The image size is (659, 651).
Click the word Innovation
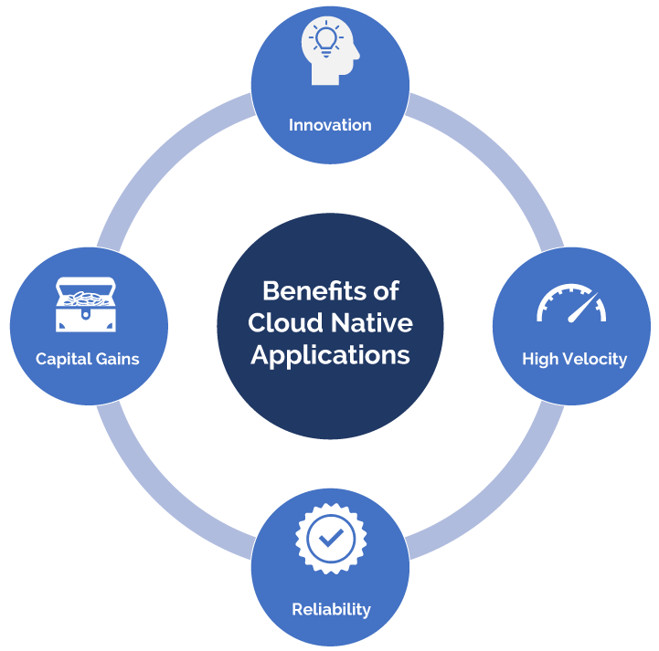point(330,125)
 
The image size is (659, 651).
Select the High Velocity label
point(574,359)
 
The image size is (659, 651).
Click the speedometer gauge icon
point(571,304)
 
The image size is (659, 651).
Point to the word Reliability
point(331,608)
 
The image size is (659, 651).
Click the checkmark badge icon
point(330,540)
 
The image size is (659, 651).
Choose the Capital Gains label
point(88,359)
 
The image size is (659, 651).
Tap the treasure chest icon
point(85,305)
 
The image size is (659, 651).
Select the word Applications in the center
point(330,355)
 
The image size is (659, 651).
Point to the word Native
point(372,323)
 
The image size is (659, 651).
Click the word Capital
point(63,359)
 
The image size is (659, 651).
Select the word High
point(539,359)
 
